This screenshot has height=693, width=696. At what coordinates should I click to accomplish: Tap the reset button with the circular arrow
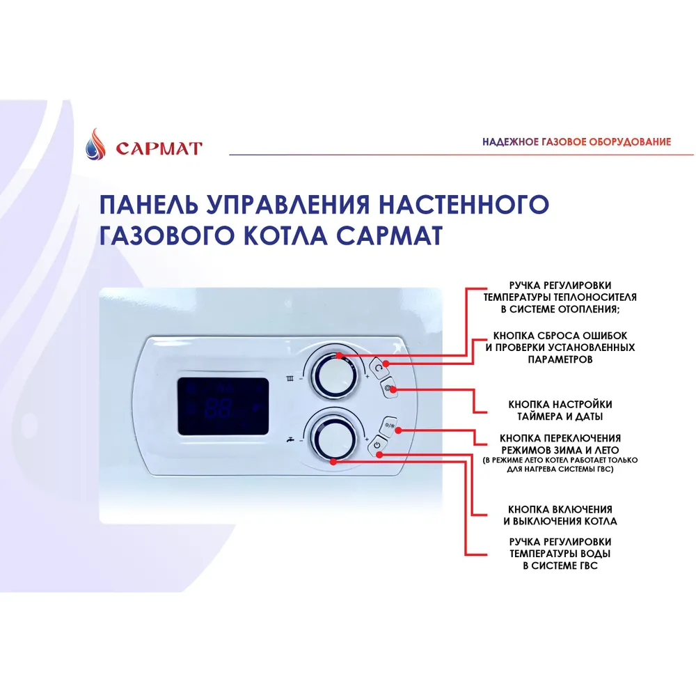coord(378,368)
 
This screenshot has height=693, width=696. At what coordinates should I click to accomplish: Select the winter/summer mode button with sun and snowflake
coord(388,426)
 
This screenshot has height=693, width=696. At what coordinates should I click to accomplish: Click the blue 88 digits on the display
coord(218,407)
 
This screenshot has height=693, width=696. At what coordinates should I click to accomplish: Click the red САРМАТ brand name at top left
coord(159,148)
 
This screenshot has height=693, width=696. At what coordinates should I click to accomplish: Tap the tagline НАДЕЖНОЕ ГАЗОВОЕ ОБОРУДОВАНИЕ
coord(577,141)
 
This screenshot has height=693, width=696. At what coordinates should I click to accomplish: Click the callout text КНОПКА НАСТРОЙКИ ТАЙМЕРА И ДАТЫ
coord(560,410)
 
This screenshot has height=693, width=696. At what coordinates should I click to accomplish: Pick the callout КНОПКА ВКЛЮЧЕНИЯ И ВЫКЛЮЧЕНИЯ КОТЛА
coord(560,515)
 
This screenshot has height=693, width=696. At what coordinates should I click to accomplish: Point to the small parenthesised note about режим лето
coord(560,465)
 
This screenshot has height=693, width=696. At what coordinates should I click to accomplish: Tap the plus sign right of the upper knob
coord(367,377)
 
